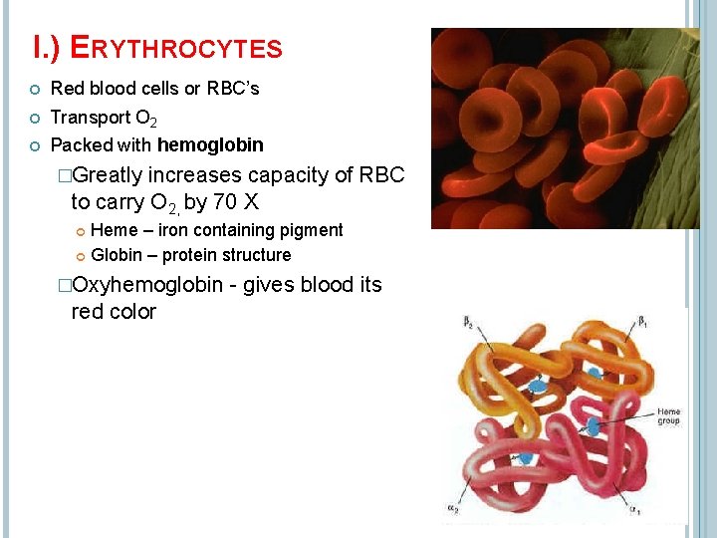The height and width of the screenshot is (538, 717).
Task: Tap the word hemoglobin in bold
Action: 210,145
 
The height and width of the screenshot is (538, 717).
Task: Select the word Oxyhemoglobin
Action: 147,285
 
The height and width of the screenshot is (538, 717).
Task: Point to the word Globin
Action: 117,255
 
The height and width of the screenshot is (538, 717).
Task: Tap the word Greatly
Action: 108,175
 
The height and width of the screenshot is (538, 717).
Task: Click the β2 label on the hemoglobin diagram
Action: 468,321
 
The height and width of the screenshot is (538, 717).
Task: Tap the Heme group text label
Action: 668,415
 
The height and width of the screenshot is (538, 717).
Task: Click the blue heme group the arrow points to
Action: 595,425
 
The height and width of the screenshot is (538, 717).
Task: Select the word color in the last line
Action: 137,312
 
